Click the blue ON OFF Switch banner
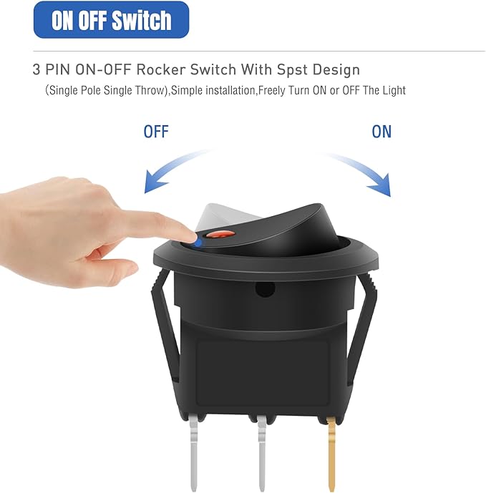coord(111,20)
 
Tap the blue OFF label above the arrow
coord(156,132)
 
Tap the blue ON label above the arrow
coord(381,132)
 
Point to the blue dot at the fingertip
coord(198,243)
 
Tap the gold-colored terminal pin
coord(331,453)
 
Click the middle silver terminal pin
coord(262,453)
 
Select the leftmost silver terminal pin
coord(194,453)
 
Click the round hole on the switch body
coord(265,289)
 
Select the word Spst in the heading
coord(291,70)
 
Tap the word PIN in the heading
coord(57,69)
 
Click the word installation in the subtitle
coord(230,90)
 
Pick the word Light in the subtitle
coord(394,91)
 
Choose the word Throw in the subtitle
coord(150,91)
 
